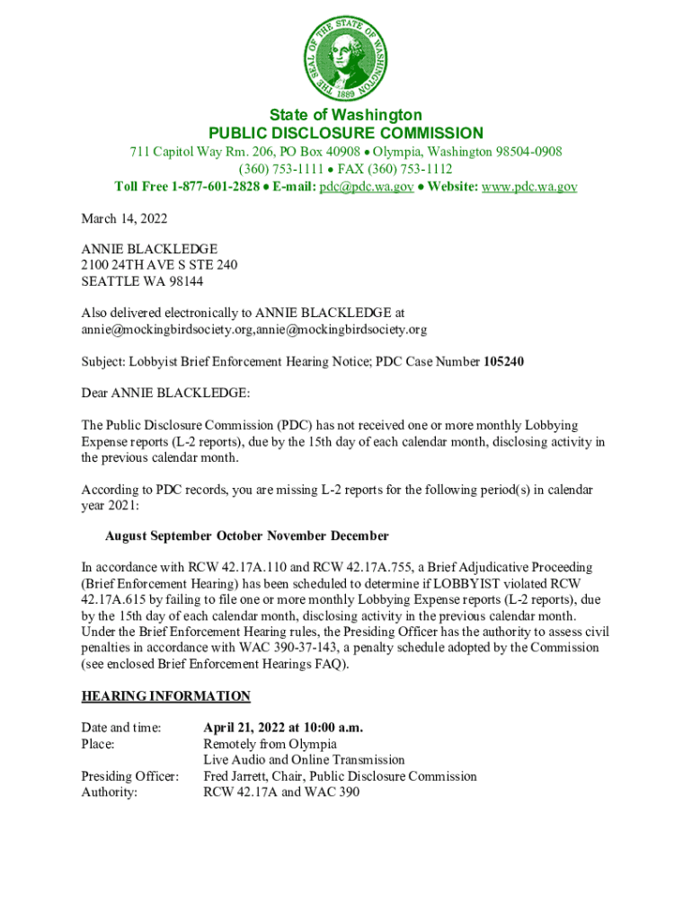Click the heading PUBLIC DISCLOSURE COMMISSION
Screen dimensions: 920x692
tap(345, 133)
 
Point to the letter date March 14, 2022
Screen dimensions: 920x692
tap(124, 219)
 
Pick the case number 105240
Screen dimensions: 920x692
tap(503, 362)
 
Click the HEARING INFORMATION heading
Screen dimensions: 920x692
tap(166, 696)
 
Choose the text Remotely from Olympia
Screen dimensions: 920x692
tap(270, 744)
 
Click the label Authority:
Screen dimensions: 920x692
tap(110, 792)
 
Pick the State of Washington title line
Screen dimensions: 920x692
tap(345, 115)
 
